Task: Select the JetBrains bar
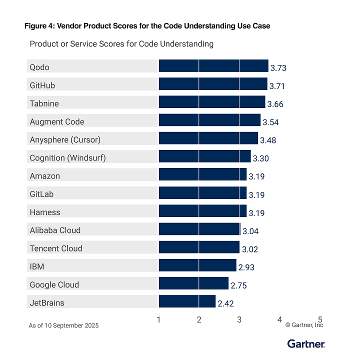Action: click(x=187, y=301)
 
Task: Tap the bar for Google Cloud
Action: click(x=193, y=283)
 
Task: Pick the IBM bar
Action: click(x=197, y=265)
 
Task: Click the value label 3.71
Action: click(x=277, y=86)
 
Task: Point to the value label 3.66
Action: click(x=275, y=104)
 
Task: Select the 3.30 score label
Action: click(x=261, y=158)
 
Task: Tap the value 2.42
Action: click(x=225, y=303)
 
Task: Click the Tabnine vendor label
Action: click(x=44, y=103)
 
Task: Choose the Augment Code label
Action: click(x=57, y=121)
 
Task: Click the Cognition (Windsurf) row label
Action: click(x=67, y=158)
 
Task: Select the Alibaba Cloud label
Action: click(x=55, y=230)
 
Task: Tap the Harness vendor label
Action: click(x=45, y=212)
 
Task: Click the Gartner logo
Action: click(x=306, y=343)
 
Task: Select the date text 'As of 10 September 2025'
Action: click(x=63, y=325)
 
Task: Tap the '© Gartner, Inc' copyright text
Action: click(x=304, y=325)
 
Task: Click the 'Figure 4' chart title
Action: click(x=147, y=26)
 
